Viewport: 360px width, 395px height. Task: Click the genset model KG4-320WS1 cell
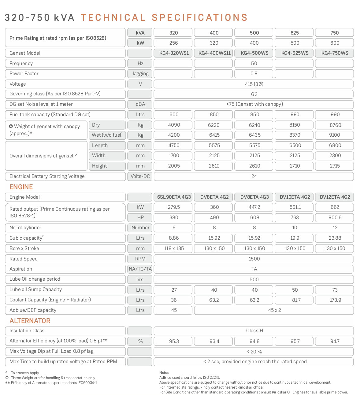pos(174,53)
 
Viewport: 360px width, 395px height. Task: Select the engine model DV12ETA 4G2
pos(335,197)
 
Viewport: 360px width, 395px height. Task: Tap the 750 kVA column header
pos(334,33)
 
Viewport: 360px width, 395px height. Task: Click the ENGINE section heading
pos(21,187)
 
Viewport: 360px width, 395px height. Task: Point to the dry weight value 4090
pos(174,125)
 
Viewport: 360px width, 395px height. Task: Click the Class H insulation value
pos(254,331)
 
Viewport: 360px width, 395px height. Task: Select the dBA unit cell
pos(140,104)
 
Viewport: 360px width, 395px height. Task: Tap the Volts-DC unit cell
pos(140,176)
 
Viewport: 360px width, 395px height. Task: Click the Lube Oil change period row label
pos(35,279)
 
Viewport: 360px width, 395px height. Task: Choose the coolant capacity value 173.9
pos(335,300)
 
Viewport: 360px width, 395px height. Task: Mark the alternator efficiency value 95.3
pos(174,341)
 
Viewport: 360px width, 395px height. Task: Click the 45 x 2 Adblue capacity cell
pos(274,310)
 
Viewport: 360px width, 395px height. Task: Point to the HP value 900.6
pos(335,218)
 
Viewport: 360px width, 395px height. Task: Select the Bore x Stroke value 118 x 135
pos(174,249)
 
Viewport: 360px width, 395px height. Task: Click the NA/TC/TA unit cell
pos(140,269)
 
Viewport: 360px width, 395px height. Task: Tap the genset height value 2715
pos(335,166)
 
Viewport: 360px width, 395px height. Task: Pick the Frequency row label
pos(21,64)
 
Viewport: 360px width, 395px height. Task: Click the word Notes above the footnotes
pos(164,373)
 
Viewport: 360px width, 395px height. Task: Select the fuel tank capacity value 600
pos(174,115)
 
